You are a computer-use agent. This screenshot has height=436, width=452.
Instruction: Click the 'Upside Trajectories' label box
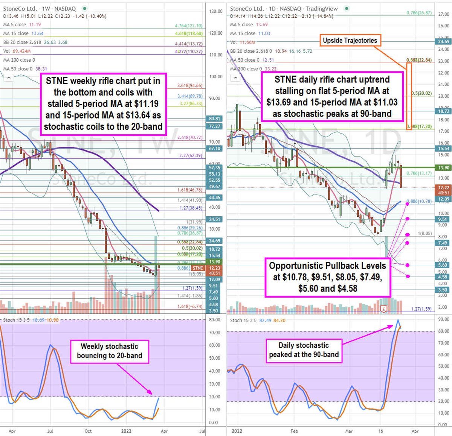(x=350, y=41)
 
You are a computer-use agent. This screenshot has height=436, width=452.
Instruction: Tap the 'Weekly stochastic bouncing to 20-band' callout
(x=110, y=351)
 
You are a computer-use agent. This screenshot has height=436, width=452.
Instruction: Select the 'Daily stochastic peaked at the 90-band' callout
(x=304, y=350)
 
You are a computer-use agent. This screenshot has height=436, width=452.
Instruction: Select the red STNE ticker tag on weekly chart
(x=198, y=268)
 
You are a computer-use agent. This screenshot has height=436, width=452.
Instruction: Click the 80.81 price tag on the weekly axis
(x=215, y=118)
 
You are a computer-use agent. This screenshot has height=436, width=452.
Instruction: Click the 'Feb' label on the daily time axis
(x=295, y=431)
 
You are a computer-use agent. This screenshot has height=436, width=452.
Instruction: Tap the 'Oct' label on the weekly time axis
(x=88, y=431)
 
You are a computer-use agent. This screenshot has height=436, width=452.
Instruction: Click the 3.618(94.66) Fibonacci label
(x=189, y=86)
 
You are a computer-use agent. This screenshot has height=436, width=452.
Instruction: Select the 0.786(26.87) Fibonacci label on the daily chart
(x=419, y=13)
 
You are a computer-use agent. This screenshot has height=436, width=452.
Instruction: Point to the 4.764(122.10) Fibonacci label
(x=188, y=26)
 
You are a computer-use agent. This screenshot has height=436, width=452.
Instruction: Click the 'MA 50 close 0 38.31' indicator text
(x=25, y=69)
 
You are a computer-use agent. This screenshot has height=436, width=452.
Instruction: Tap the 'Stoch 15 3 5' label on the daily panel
(x=243, y=320)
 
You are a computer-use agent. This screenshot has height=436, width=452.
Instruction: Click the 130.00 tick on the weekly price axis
(x=216, y=11)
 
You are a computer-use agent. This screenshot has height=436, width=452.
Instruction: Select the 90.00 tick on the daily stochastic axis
(x=444, y=319)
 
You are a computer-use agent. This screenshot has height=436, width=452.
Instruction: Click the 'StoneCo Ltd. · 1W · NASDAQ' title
(x=39, y=8)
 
